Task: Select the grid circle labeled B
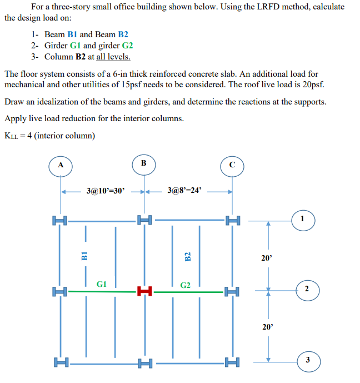pyautogui.click(x=144, y=163)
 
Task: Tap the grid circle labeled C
pyautogui.click(x=232, y=165)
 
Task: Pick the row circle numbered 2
pyautogui.click(x=306, y=288)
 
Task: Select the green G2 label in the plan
pyautogui.click(x=186, y=285)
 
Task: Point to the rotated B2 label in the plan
pyautogui.click(x=187, y=256)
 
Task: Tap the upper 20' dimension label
pyautogui.click(x=267, y=258)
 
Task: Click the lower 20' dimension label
pyautogui.click(x=267, y=327)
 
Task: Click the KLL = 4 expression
pyautogui.click(x=20, y=136)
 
